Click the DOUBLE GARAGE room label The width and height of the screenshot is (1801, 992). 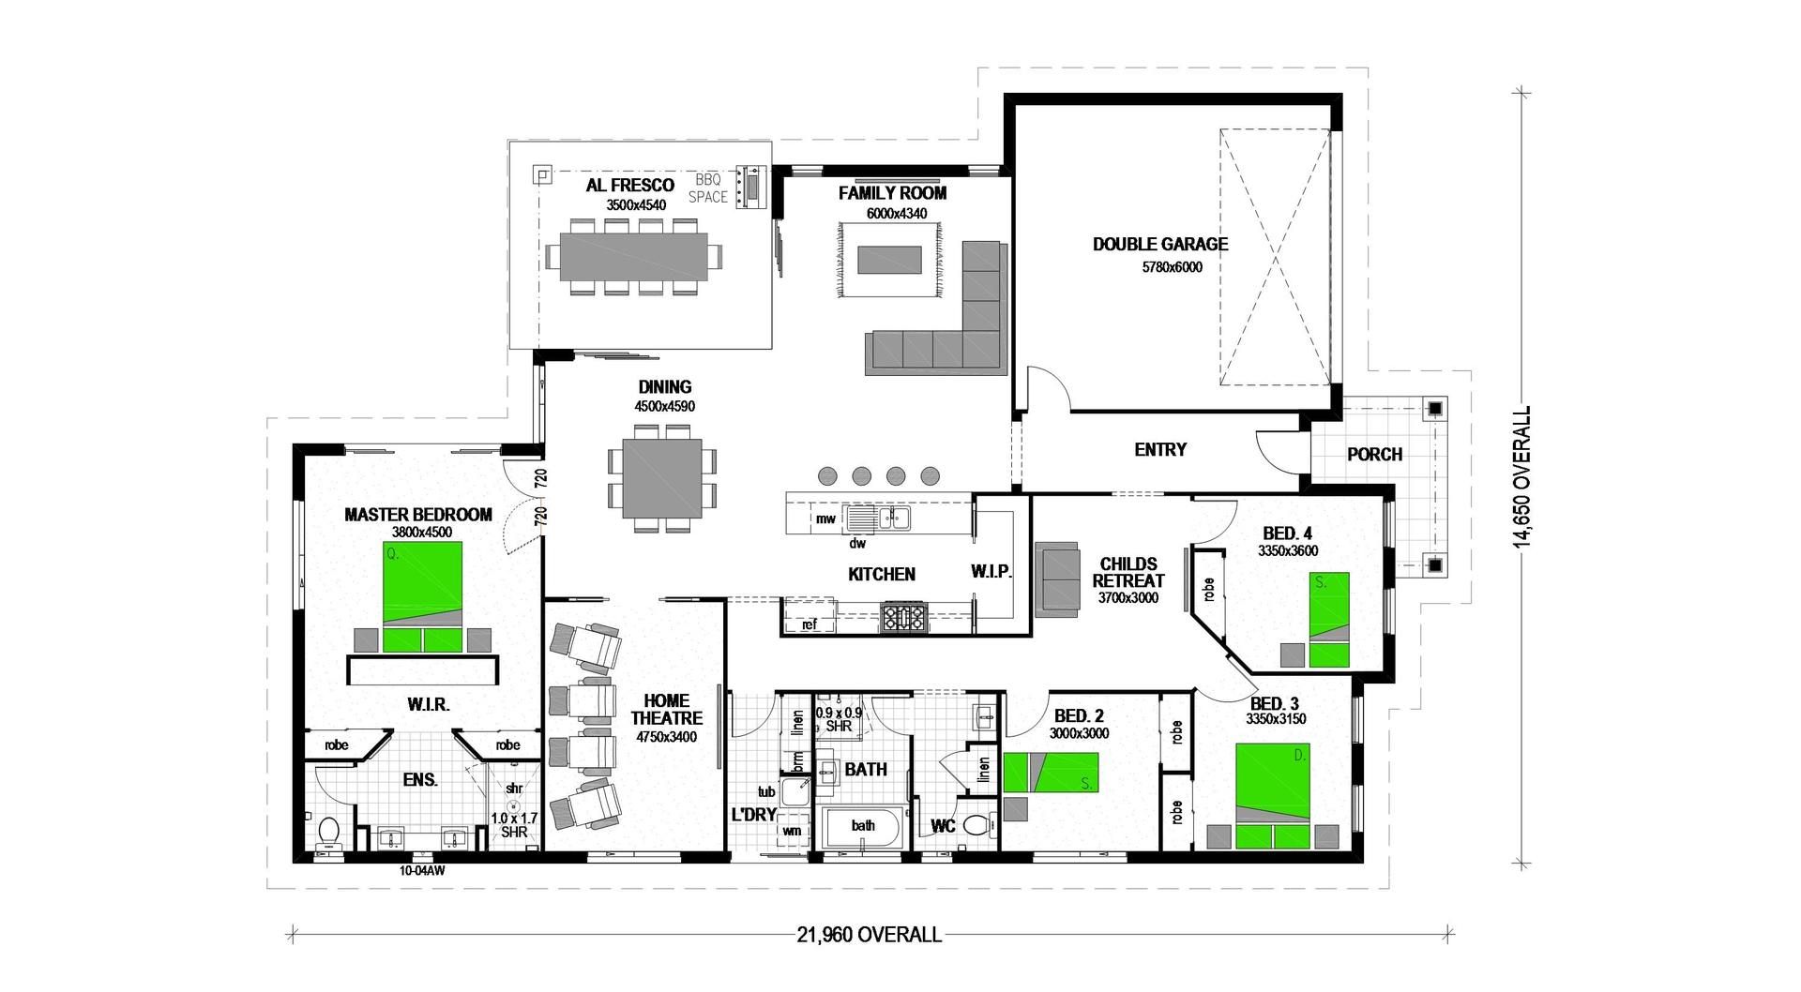(x=1159, y=245)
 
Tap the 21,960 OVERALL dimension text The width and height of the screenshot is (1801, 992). (x=869, y=935)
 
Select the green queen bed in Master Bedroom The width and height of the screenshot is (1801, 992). (x=422, y=597)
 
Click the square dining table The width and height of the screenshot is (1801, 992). (x=661, y=478)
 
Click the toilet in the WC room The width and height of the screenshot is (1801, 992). (x=978, y=826)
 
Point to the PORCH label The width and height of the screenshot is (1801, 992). (x=1374, y=455)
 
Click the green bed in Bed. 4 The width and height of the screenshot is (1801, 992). (x=1329, y=619)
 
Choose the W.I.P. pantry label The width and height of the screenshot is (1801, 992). (x=991, y=571)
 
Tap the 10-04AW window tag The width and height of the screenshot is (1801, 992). (x=421, y=871)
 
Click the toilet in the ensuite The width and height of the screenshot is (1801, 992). (x=328, y=831)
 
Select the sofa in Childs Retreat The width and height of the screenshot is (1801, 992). (x=1059, y=579)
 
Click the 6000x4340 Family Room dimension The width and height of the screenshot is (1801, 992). (x=896, y=214)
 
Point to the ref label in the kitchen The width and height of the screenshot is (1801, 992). (x=809, y=624)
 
